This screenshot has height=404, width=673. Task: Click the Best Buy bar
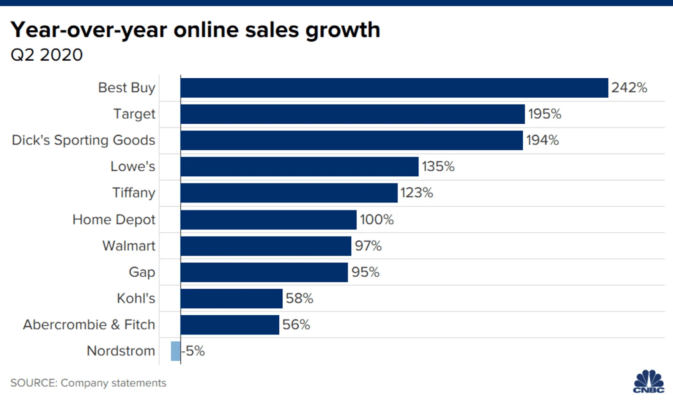[x=394, y=88]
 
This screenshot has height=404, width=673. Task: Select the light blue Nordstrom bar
[x=175, y=351]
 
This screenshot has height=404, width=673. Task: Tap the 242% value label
[x=629, y=88]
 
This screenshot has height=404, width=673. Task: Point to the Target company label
[x=134, y=114]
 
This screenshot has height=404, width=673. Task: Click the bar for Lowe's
[x=299, y=167]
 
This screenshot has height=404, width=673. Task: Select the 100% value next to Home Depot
[x=376, y=220]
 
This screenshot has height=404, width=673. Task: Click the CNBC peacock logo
[x=649, y=381]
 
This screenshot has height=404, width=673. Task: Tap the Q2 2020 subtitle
[x=47, y=55]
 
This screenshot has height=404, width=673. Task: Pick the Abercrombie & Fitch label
[x=89, y=325]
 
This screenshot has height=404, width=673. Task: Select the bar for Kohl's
[x=231, y=298]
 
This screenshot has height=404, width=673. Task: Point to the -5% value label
[x=193, y=351]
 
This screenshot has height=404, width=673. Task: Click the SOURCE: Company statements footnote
[x=88, y=383]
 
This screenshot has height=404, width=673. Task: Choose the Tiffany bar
[x=289, y=193]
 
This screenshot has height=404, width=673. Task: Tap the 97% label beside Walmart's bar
[x=368, y=246]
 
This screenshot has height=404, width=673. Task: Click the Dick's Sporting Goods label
[x=83, y=140]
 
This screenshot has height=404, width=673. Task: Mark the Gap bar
[x=264, y=272]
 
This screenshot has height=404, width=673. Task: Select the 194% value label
[x=542, y=140]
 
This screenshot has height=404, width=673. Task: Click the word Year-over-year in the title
[x=89, y=30]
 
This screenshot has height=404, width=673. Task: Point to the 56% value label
[x=296, y=325]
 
